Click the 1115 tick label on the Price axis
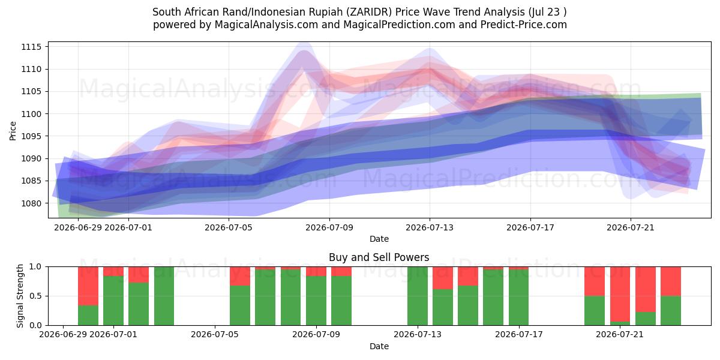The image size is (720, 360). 31,47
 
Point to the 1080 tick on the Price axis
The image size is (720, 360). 31,203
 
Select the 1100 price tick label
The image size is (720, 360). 31,114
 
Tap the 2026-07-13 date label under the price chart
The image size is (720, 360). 430,228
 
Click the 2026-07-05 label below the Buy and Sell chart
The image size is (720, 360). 215,335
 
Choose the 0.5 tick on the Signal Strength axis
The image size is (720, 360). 35,296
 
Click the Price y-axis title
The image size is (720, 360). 13,131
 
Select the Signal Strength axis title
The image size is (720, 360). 20,296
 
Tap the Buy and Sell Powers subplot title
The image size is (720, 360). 379,257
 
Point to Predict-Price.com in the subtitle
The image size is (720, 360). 524,25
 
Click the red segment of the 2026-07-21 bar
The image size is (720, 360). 620,294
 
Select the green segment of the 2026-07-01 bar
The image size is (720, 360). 113,301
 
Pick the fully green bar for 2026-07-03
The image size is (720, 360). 164,296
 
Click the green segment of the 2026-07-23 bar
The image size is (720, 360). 671,311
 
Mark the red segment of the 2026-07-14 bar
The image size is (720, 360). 443,278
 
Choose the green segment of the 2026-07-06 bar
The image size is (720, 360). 240,305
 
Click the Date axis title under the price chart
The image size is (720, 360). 379,239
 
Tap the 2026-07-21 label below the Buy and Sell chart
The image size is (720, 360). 620,335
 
